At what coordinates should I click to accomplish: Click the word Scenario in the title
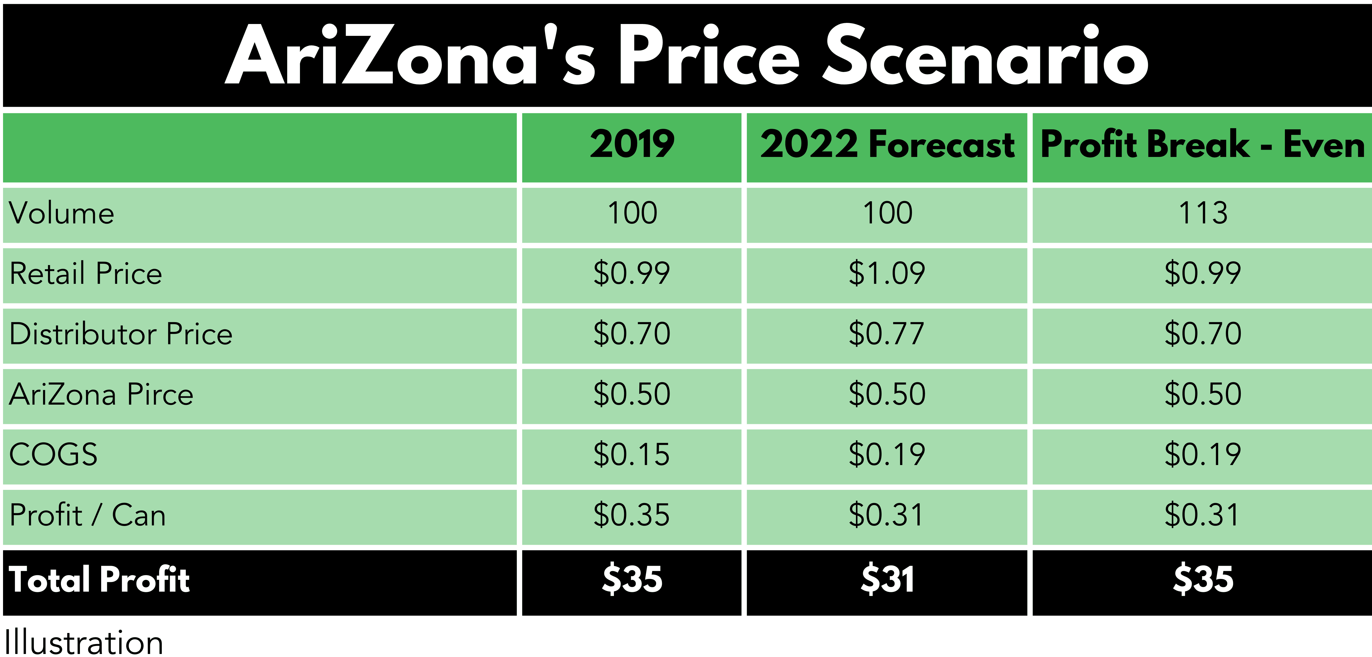(985, 56)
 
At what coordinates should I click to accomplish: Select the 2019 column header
(632, 145)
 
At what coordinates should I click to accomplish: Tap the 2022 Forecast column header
(887, 145)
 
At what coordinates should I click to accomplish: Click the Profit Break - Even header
(1202, 145)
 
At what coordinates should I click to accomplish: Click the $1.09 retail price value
(887, 273)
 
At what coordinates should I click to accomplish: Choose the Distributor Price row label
(121, 334)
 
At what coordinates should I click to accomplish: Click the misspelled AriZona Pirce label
(101, 394)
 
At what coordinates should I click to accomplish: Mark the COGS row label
(53, 455)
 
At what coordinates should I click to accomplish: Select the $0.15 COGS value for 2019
(632, 455)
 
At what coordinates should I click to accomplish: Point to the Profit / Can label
(88, 515)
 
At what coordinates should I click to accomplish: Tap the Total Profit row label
(100, 580)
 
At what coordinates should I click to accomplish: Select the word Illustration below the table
(84, 643)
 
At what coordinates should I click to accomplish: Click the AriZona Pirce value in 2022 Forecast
(887, 394)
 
